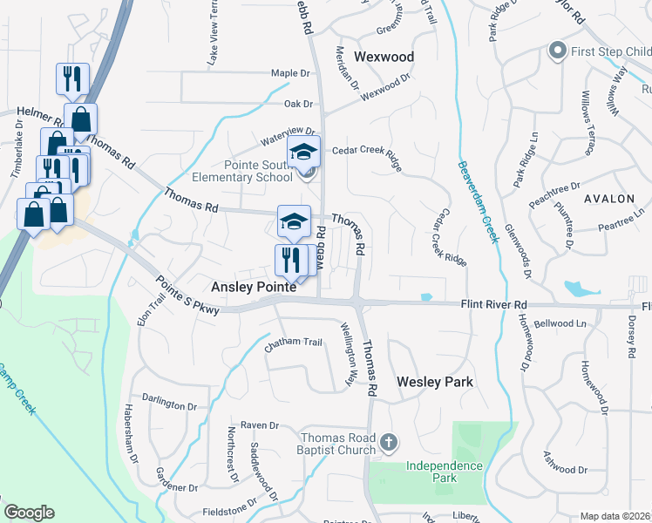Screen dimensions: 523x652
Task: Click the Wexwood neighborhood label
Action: [x=384, y=58]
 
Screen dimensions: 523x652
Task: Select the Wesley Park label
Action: [x=435, y=382]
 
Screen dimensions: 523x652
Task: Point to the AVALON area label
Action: [x=609, y=199]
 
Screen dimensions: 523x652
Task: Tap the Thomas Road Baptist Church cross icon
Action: [x=389, y=444]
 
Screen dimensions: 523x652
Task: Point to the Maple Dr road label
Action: [x=291, y=73]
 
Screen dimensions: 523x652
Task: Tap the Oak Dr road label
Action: [x=298, y=104]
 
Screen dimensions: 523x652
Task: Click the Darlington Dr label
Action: [x=170, y=405]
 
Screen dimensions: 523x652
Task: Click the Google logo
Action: [x=29, y=513]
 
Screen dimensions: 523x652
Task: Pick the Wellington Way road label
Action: [x=349, y=355]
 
